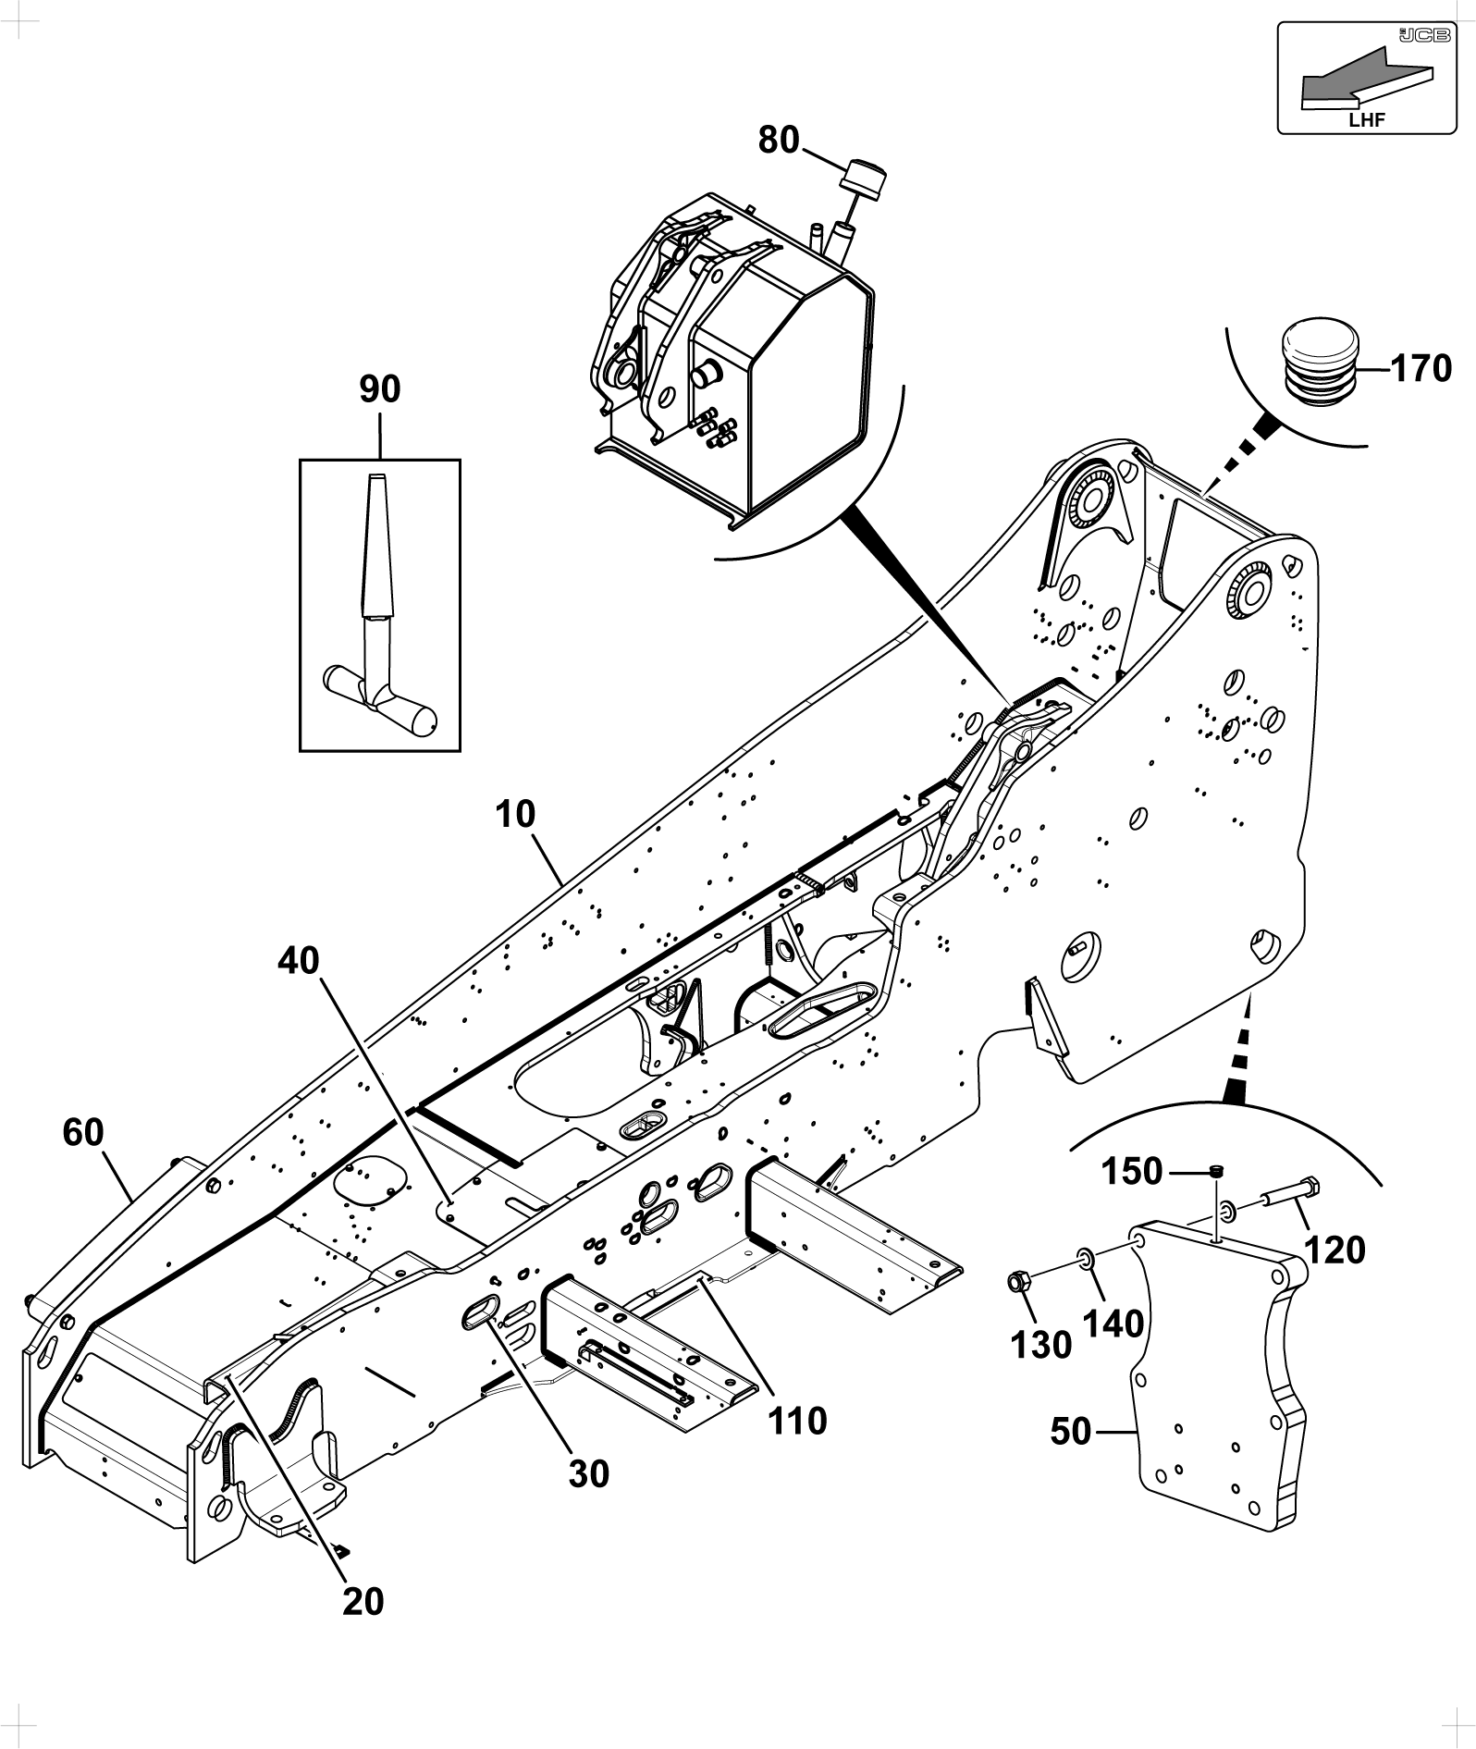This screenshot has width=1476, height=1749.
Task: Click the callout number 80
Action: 779,141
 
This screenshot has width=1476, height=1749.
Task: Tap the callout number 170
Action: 1421,369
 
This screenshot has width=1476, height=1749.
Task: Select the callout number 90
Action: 380,389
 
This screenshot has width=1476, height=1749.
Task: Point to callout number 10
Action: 515,815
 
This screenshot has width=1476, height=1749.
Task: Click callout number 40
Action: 299,961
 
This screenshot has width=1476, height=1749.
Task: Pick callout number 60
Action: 83,1132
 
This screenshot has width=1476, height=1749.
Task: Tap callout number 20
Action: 363,1601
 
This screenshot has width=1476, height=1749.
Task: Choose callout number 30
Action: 589,1474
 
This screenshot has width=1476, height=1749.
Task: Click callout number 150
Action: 1131,1173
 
